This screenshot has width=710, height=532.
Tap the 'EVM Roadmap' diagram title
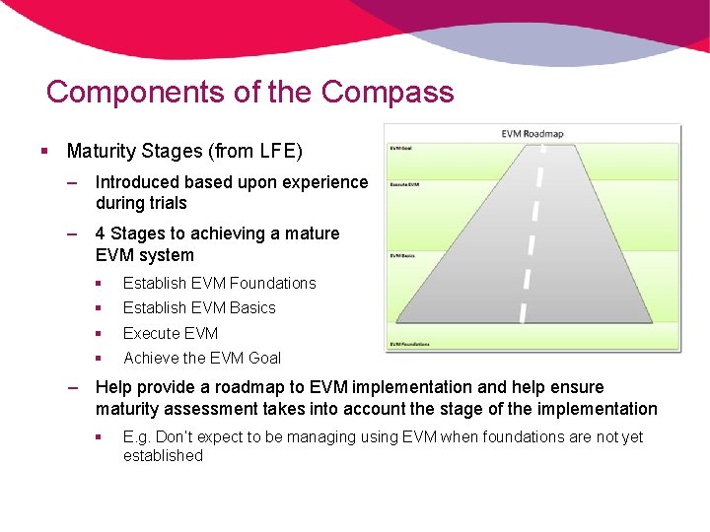pos(532,134)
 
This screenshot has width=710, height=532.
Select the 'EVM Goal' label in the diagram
pos(399,148)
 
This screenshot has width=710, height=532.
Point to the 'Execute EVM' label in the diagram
pos(403,184)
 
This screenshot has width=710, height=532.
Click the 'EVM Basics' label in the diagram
pos(401,255)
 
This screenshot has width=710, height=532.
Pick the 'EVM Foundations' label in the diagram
pos(407,344)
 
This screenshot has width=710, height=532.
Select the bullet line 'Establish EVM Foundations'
pos(219,284)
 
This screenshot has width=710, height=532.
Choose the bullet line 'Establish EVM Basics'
pos(199,308)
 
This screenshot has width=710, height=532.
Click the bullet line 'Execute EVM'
pos(171,333)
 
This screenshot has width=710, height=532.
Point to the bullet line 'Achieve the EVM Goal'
pos(202,359)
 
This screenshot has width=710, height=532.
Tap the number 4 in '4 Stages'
pos(101,234)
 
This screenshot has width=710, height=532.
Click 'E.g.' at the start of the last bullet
pos(138,436)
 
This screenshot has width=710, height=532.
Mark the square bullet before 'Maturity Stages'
pos(45,152)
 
